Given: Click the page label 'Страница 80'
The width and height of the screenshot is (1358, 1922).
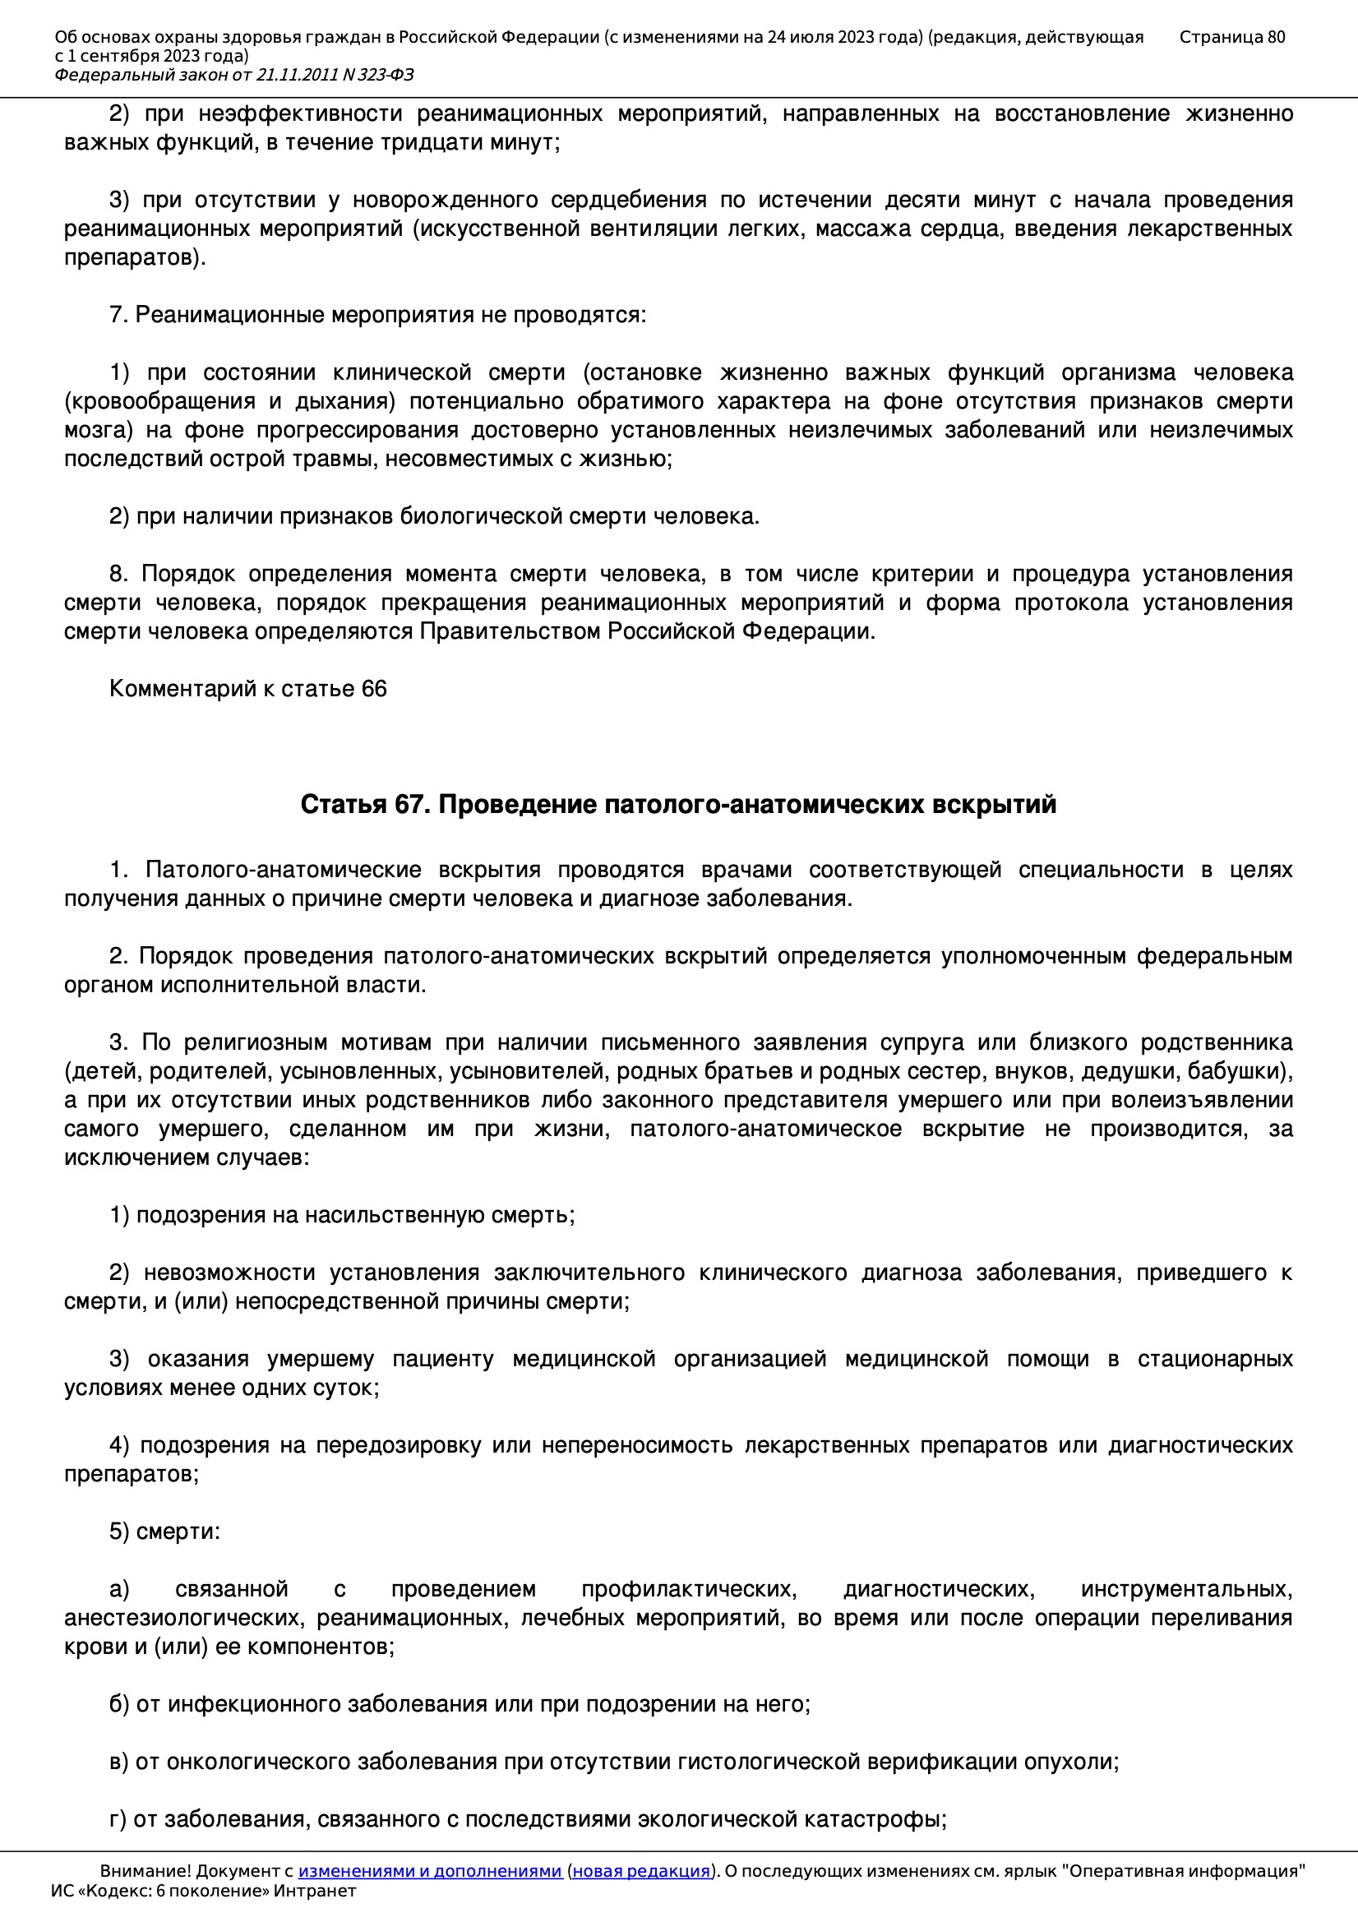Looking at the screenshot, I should [1231, 37].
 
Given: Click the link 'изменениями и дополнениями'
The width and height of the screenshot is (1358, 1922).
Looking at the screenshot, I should [429, 1871].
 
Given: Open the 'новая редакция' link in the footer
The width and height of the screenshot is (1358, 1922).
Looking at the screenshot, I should [640, 1871].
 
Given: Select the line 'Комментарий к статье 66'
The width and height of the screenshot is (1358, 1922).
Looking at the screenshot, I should [247, 689].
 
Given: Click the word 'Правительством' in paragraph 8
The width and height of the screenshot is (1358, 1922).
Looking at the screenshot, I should [510, 631].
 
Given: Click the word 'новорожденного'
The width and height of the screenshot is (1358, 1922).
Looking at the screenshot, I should [445, 200].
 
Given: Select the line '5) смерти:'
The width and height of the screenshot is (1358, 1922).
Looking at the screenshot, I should [165, 1532].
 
